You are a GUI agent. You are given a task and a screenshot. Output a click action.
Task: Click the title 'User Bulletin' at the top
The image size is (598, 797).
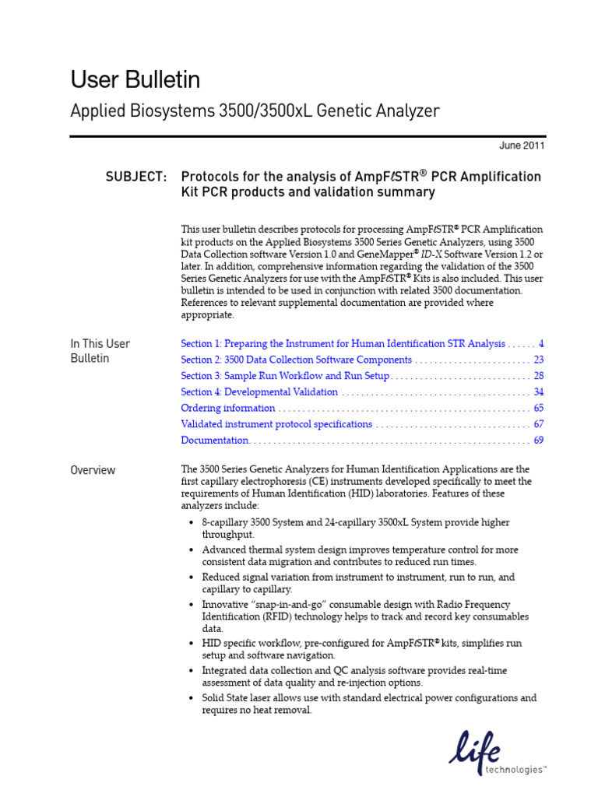click(x=135, y=79)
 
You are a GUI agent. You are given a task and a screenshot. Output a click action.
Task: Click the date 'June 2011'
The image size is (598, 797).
click(x=522, y=146)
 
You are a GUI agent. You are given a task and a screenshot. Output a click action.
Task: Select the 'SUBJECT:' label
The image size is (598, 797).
click(x=136, y=177)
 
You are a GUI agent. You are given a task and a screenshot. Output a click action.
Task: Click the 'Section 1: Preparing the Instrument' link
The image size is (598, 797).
click(x=343, y=343)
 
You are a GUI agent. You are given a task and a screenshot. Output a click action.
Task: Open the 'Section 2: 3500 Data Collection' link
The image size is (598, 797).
click(x=296, y=360)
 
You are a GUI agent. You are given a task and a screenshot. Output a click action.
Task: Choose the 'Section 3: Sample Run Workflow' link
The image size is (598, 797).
click(x=285, y=376)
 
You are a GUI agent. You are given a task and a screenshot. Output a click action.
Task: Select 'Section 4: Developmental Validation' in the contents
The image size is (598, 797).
click(x=259, y=392)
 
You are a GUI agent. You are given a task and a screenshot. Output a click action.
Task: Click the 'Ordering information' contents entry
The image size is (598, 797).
click(x=227, y=408)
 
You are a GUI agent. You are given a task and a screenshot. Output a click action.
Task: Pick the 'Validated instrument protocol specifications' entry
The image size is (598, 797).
click(x=276, y=424)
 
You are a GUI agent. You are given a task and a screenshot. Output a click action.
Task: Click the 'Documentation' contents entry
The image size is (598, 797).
click(x=214, y=441)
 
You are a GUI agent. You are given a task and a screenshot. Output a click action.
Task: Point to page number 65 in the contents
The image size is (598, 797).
click(x=538, y=408)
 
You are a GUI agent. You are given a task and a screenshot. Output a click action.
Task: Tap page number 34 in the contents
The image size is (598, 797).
click(x=538, y=392)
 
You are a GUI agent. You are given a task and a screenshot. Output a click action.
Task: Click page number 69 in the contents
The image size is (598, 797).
click(x=538, y=441)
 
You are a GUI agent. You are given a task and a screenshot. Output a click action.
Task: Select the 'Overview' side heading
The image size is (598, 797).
click(x=93, y=470)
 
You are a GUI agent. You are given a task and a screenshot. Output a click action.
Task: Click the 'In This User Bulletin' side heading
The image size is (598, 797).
click(x=100, y=351)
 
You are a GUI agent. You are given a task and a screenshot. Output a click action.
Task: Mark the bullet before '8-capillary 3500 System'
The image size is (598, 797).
click(x=192, y=523)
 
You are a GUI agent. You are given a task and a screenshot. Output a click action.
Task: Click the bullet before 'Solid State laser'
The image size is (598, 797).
click(x=192, y=698)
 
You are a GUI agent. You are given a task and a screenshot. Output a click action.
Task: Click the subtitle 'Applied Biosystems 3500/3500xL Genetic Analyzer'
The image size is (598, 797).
click(x=255, y=111)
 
